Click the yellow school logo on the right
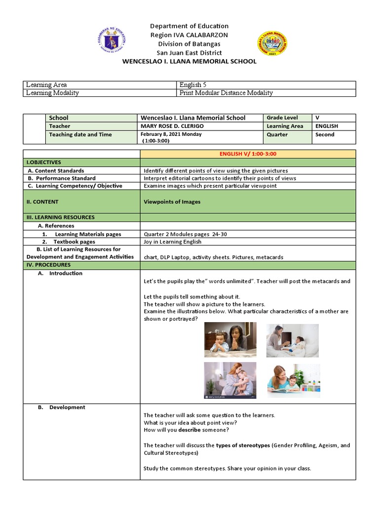(272, 43)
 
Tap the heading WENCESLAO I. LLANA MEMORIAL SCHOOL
(189, 61)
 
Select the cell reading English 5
(189, 85)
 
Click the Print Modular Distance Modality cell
(226, 93)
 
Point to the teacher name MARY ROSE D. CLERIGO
(172, 126)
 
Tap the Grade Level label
(282, 118)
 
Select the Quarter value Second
(325, 134)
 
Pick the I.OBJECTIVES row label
(43, 162)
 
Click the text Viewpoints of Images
(172, 202)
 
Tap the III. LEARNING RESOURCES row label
(60, 217)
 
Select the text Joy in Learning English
(172, 242)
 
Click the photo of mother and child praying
(230, 339)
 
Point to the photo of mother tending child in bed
(293, 340)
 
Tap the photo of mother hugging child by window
(230, 380)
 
